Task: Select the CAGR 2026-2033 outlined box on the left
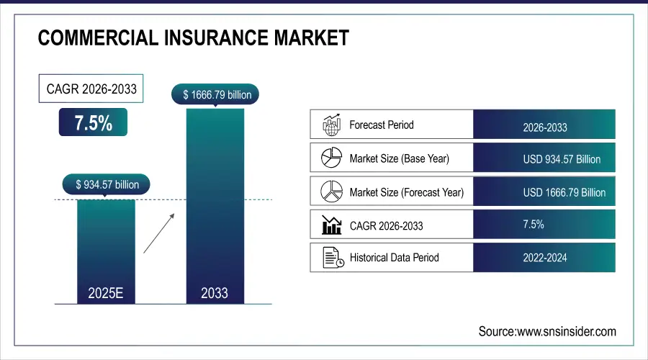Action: [91, 90]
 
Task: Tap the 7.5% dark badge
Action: [93, 122]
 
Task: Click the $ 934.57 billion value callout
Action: [107, 185]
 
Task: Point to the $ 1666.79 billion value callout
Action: [215, 94]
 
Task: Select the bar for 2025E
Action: [106, 248]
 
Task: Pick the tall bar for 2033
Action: [215, 205]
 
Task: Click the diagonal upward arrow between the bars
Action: [158, 232]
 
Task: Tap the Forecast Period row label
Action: [381, 125]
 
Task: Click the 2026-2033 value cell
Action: [544, 127]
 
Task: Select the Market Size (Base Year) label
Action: [399, 158]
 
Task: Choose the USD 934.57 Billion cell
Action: [561, 159]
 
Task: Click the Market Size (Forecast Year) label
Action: [406, 192]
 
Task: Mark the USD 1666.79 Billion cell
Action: [564, 192]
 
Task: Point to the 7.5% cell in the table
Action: [533, 225]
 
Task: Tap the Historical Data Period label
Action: [394, 257]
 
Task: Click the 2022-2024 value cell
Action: [544, 258]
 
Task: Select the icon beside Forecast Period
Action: [330, 125]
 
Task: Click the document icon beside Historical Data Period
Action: [331, 257]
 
